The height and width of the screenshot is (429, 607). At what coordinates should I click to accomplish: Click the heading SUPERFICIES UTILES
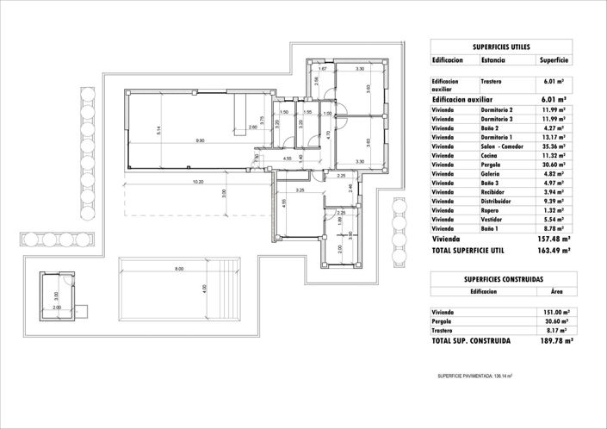pyautogui.click(x=501, y=47)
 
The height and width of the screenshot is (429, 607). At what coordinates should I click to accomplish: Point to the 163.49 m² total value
pyautogui.click(x=552, y=251)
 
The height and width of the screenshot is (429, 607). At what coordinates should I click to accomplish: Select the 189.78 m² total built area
pyautogui.click(x=552, y=341)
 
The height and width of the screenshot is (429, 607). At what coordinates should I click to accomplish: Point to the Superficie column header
pyautogui.click(x=554, y=61)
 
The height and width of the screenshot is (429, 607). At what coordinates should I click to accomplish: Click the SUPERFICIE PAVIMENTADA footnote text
pyautogui.click(x=475, y=376)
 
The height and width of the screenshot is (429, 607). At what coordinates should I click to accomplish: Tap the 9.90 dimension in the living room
pyautogui.click(x=200, y=140)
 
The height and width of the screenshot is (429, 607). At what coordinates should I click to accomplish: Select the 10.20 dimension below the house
pyautogui.click(x=198, y=182)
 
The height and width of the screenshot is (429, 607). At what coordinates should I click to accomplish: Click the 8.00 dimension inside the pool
pyautogui.click(x=179, y=270)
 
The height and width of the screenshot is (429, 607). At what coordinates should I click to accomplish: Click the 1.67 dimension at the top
pyautogui.click(x=322, y=69)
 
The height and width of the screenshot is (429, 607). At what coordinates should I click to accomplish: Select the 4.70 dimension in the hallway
pyautogui.click(x=329, y=134)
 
